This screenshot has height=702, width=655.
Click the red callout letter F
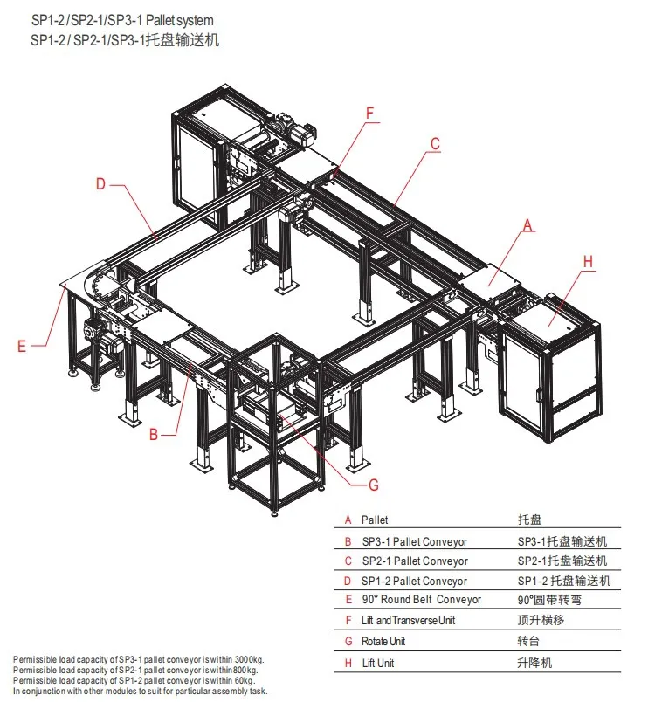[369, 113]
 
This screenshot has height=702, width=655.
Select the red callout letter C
[434, 145]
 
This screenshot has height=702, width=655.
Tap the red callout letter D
[100, 183]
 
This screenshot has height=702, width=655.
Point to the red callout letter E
[22, 346]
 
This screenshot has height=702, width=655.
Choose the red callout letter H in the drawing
[588, 261]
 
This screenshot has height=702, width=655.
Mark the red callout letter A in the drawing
[527, 225]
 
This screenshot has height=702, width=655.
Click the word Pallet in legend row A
[375, 520]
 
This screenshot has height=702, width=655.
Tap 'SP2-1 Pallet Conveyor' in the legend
[414, 561]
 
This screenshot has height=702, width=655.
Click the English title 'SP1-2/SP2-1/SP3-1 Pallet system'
[121, 19]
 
